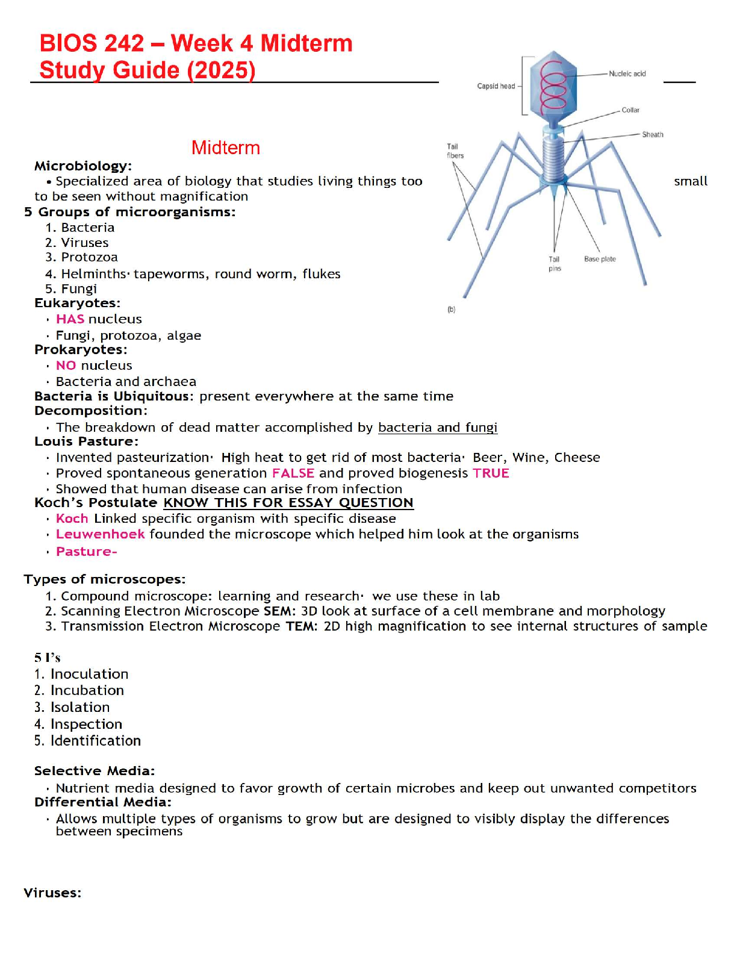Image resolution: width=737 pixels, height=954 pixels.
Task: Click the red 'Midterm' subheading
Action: pyautogui.click(x=226, y=148)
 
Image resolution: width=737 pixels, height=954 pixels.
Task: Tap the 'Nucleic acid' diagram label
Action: pyautogui.click(x=627, y=74)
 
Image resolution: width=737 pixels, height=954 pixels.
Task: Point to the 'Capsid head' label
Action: pyautogui.click(x=496, y=86)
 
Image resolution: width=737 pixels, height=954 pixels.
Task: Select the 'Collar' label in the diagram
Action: pyautogui.click(x=630, y=110)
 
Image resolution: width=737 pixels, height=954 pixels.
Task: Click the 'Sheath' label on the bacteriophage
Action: pyautogui.click(x=652, y=135)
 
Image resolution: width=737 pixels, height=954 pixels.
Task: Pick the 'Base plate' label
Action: pyautogui.click(x=600, y=259)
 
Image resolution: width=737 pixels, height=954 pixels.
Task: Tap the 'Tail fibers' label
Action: pyautogui.click(x=455, y=151)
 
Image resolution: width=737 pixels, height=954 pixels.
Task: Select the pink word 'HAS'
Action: pyautogui.click(x=70, y=319)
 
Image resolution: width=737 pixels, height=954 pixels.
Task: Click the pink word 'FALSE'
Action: pyautogui.click(x=293, y=473)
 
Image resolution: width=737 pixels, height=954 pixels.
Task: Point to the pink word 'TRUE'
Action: pyautogui.click(x=491, y=473)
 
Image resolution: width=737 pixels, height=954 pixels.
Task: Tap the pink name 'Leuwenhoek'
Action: pyautogui.click(x=100, y=534)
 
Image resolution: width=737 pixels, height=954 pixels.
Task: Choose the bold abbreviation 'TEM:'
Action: pyautogui.click(x=302, y=626)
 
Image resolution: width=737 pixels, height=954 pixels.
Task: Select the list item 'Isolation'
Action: pyautogui.click(x=79, y=707)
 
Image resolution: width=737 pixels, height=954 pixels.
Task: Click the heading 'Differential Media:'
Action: pyautogui.click(x=102, y=802)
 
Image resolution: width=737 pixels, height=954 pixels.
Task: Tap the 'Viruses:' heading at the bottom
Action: pyautogui.click(x=52, y=893)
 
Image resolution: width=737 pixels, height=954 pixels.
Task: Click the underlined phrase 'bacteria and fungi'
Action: pyautogui.click(x=437, y=428)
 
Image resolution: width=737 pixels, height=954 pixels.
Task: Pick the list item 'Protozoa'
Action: pyautogui.click(x=89, y=257)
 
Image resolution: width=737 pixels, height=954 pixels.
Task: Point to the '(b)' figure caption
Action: pyautogui.click(x=451, y=310)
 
